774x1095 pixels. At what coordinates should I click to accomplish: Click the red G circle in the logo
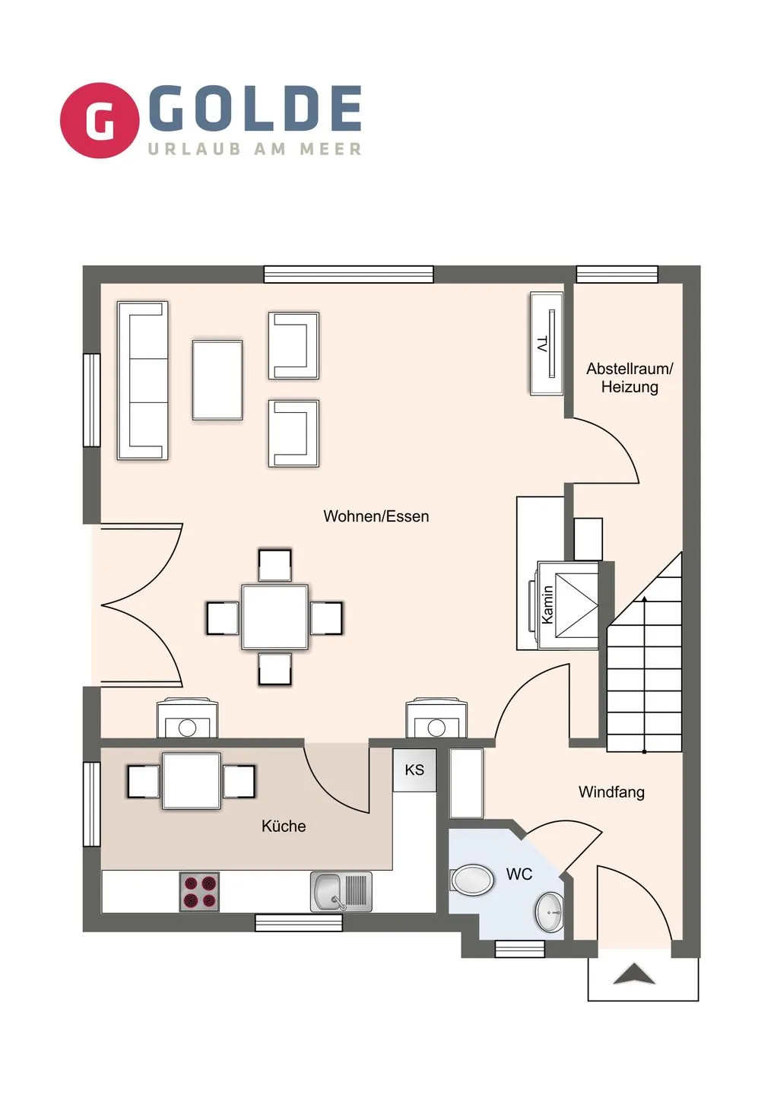point(100,120)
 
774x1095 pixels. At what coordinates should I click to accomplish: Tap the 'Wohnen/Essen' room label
point(376,516)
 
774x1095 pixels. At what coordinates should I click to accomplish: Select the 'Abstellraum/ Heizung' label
point(630,378)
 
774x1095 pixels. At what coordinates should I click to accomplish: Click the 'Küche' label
point(284,826)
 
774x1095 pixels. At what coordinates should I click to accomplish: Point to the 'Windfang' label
point(611,792)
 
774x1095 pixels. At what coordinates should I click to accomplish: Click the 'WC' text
point(519,874)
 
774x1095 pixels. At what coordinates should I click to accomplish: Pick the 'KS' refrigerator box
point(414,770)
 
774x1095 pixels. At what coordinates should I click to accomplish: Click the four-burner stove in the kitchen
point(199,892)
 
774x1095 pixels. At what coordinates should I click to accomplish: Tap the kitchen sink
point(341,892)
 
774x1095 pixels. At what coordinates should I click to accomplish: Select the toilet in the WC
point(472,879)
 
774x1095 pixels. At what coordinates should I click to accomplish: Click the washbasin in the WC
point(549,912)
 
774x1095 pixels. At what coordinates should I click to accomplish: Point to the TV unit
point(546,344)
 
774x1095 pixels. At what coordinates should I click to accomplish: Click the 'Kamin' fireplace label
point(547,605)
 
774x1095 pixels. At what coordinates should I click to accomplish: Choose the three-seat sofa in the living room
point(142,380)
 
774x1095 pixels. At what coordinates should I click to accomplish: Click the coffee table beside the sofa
point(217,380)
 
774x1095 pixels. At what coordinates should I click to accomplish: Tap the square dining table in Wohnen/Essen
point(274,617)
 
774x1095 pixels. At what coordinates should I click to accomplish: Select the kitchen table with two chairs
point(191,781)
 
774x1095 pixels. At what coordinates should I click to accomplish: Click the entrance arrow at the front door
point(634,974)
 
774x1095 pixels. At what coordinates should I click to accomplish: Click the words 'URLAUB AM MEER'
point(255,149)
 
